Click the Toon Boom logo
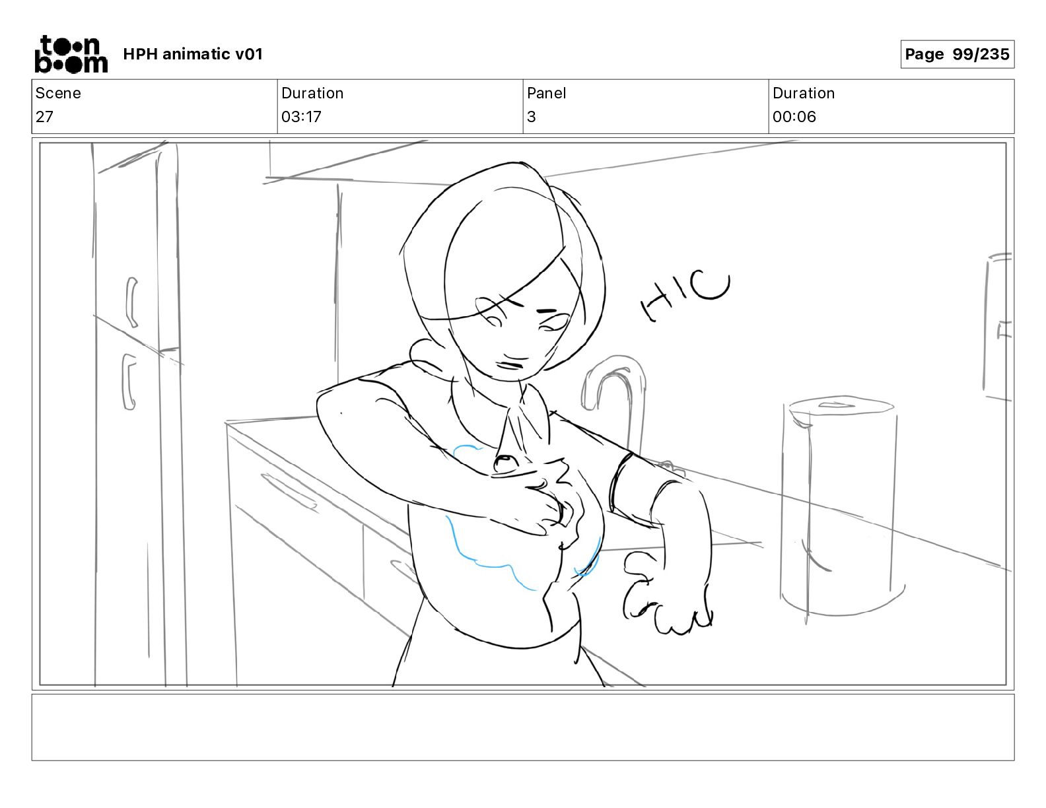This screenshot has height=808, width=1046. (71, 54)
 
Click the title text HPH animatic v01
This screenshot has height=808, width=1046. (193, 54)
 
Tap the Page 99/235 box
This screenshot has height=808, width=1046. (957, 54)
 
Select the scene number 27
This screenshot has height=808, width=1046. (44, 116)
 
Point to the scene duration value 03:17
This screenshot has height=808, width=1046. (301, 116)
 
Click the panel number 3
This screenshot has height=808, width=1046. (532, 116)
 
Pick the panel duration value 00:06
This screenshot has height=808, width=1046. (794, 116)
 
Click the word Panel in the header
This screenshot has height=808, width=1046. (546, 93)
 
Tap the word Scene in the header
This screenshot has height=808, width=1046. (58, 93)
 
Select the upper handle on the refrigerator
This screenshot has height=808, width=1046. (131, 302)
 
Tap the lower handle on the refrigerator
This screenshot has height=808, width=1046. (129, 382)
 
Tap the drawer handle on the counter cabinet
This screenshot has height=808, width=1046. (289, 491)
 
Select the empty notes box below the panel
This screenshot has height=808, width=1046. (523, 727)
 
